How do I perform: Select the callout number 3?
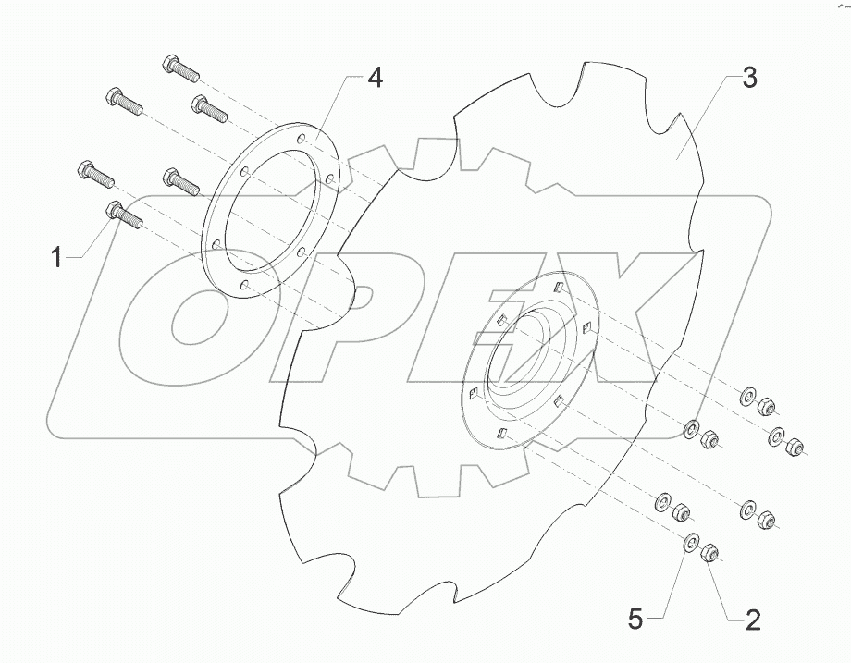pos(749,80)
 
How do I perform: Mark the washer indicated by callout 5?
pos(690,543)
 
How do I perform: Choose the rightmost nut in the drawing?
pos(793,448)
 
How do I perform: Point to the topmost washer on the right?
pos(746,398)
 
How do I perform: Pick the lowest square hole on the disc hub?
pos(500,434)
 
